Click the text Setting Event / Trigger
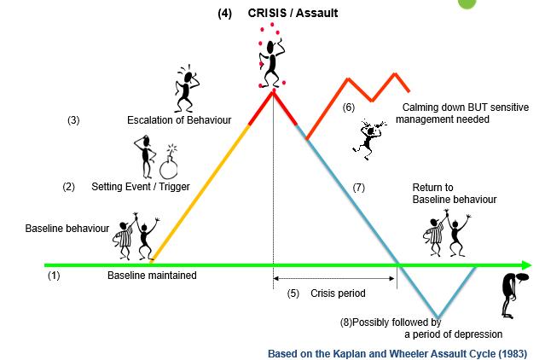(141, 186)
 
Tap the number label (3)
(73, 120)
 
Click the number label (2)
(69, 186)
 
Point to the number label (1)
(54, 276)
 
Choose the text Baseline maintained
(152, 276)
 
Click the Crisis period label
(338, 293)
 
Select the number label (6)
(349, 108)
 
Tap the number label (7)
(358, 186)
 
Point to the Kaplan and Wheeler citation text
(397, 352)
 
